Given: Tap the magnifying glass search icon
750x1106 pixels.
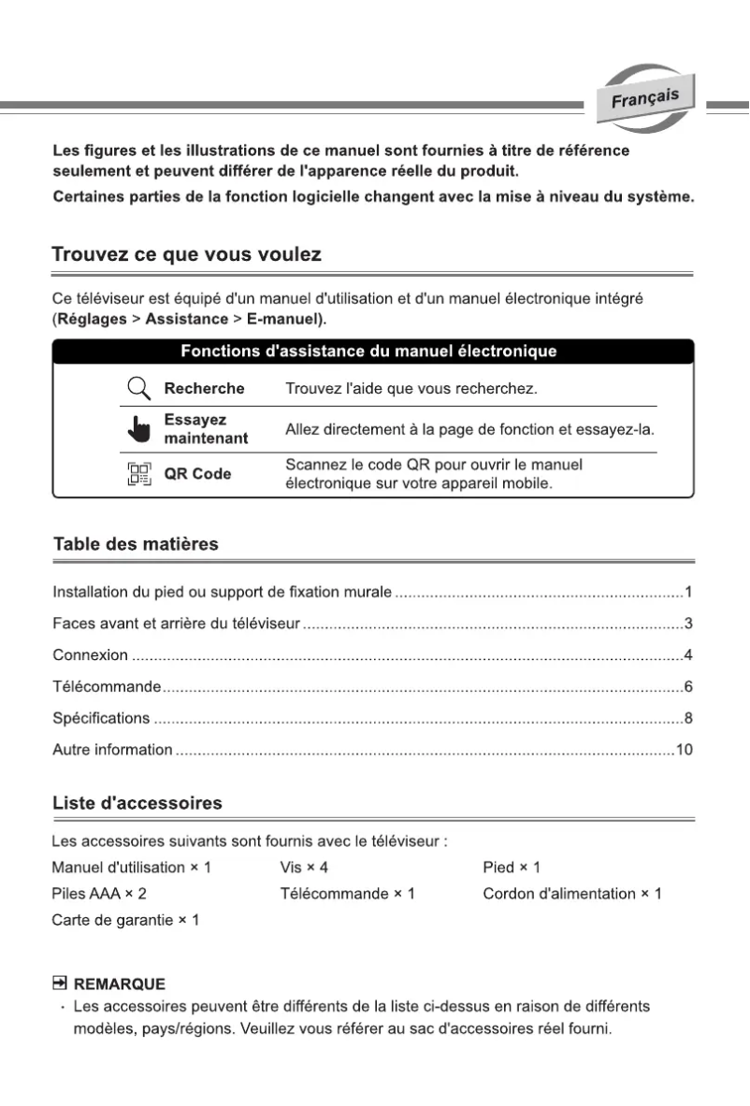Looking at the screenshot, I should click(x=139, y=388).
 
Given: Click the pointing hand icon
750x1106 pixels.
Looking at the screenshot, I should click(x=139, y=430).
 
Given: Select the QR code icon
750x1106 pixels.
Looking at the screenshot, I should click(x=139, y=474).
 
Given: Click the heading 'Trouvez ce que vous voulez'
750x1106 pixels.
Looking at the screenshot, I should click(x=187, y=254).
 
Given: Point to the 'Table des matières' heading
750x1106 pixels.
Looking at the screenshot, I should click(x=136, y=544).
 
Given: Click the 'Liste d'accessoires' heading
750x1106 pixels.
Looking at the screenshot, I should click(x=137, y=803).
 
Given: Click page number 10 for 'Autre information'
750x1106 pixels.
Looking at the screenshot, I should click(x=684, y=750).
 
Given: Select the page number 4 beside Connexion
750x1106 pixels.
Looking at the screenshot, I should click(x=687, y=654).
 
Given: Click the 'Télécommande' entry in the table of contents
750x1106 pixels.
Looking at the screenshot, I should click(x=107, y=687).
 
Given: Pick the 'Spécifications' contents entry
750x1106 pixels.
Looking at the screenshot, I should click(x=101, y=718).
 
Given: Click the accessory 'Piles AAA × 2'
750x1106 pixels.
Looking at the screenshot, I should click(x=99, y=894).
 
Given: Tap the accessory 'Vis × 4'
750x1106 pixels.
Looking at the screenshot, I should click(x=304, y=868).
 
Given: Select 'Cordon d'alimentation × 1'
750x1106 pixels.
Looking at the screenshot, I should click(x=571, y=894).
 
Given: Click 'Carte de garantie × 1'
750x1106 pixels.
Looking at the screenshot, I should click(x=125, y=921).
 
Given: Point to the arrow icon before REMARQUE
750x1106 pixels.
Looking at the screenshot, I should click(x=60, y=984).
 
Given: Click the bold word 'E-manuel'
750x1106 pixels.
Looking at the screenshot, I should click(x=283, y=319).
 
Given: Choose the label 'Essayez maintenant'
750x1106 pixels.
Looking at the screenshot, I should click(x=206, y=429).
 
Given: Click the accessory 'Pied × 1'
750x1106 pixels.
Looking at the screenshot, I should click(x=512, y=868).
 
